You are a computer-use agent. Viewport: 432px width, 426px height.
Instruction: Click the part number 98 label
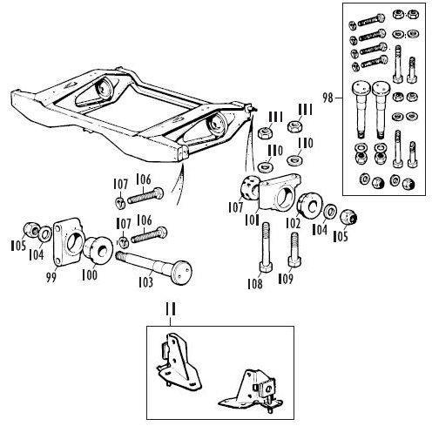[x=327, y=98]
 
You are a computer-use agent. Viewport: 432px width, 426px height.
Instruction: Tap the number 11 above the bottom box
[x=171, y=309]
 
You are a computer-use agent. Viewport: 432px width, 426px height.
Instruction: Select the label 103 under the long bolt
[x=145, y=282]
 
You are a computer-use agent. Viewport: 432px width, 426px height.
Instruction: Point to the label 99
[x=51, y=277]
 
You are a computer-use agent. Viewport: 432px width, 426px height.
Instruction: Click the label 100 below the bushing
[x=90, y=274]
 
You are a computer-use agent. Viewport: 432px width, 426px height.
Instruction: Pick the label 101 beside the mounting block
[x=252, y=220]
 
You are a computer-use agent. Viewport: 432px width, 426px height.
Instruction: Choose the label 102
[x=293, y=223]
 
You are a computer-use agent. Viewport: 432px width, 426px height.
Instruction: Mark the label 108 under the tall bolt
[x=255, y=284]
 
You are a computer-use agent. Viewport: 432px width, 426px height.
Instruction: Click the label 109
[x=286, y=279]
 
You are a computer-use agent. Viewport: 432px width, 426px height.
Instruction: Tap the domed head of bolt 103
[x=181, y=272]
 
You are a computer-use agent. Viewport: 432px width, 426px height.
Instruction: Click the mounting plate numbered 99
[x=68, y=241]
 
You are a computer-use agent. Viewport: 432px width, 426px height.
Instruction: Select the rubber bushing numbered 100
[x=98, y=250]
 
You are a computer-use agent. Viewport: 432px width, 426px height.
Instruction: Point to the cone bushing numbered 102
[x=310, y=205]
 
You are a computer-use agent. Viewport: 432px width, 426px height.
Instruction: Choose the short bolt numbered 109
[x=294, y=250]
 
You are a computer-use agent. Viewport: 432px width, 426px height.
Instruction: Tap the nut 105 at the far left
[x=30, y=229]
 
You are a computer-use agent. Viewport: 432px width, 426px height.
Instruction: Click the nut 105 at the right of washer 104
[x=348, y=217]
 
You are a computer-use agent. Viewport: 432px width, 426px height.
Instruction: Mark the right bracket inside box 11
[x=252, y=391]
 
